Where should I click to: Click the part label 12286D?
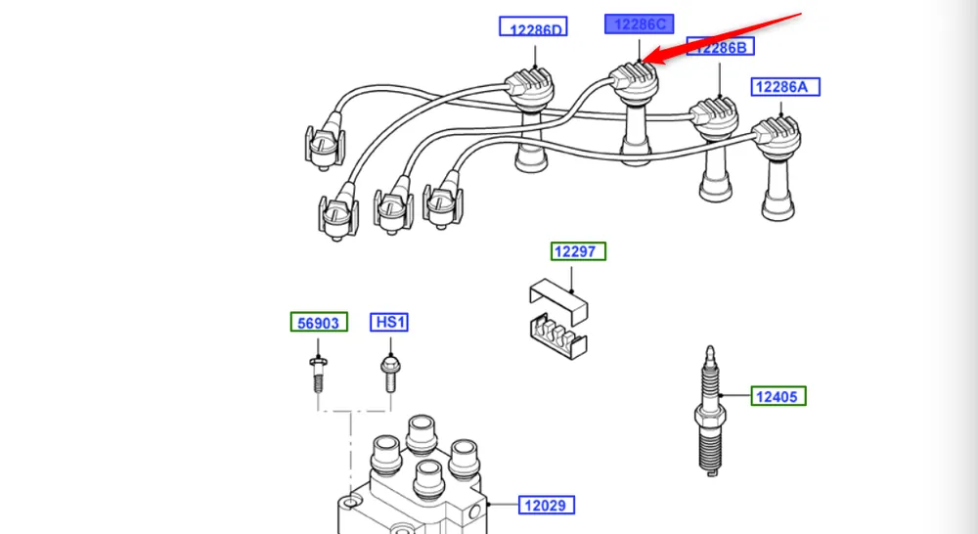tap(533, 28)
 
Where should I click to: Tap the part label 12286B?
tap(721, 47)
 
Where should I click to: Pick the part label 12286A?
tap(785, 87)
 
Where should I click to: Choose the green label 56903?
tap(319, 323)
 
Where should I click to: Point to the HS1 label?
tap(388, 322)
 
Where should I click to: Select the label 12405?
tap(779, 396)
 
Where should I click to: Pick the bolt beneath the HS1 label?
tap(388, 373)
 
